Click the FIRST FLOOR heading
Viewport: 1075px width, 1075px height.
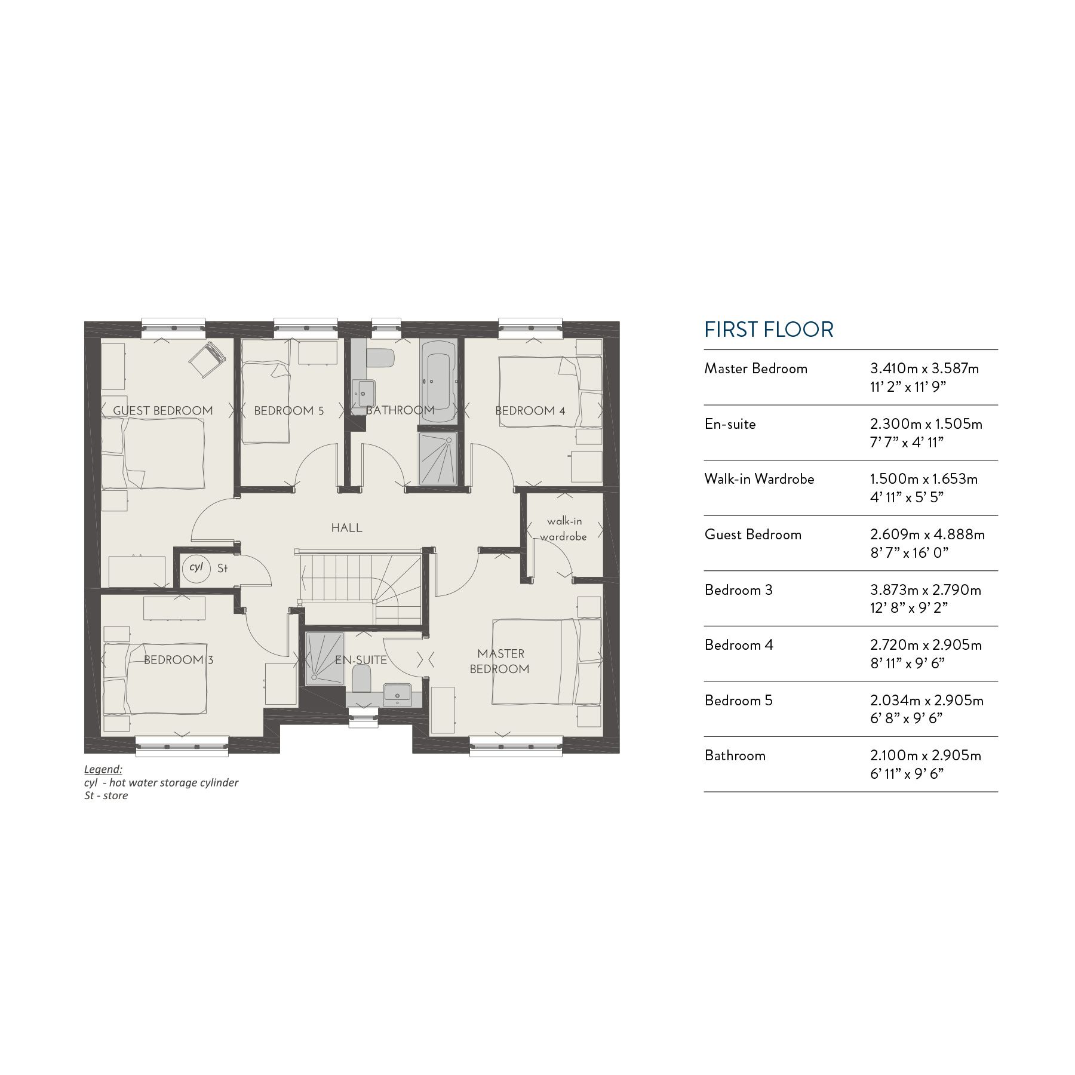(x=769, y=330)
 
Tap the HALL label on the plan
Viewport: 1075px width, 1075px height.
(x=347, y=528)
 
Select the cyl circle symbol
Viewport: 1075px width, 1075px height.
(x=196, y=567)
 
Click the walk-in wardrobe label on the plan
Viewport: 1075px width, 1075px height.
(x=564, y=529)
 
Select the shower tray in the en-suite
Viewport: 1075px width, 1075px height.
(x=325, y=657)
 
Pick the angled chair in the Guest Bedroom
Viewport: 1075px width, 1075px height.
(x=207, y=358)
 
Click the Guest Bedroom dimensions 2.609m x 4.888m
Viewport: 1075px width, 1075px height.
(x=927, y=535)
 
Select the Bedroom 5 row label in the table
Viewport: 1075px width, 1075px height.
(x=738, y=701)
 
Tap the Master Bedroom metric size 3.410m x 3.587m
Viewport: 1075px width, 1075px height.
(x=924, y=368)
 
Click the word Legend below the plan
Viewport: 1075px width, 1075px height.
(x=103, y=769)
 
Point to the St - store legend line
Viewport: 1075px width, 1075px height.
(x=106, y=795)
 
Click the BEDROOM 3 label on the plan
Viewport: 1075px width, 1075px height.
(x=179, y=660)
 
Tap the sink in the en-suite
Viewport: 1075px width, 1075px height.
(x=397, y=694)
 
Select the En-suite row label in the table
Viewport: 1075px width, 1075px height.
(x=730, y=425)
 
